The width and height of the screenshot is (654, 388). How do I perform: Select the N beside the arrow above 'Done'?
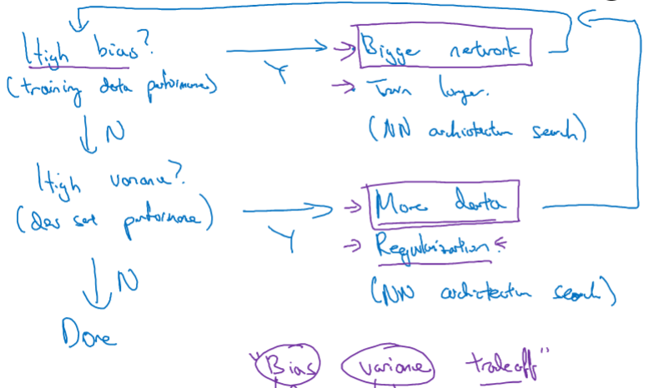pos(126,280)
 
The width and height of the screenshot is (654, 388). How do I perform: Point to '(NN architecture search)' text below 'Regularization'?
pos(492,292)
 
